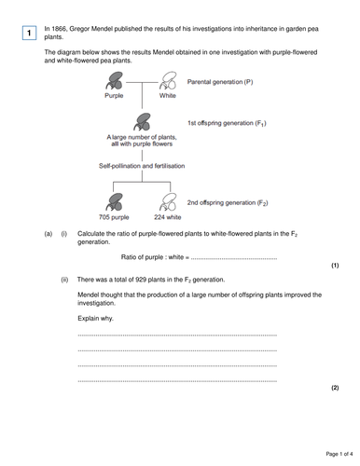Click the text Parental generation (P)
tap(226, 82)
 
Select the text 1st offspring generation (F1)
tap(234, 123)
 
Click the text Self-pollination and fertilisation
tap(142, 165)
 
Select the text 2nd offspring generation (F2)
tap(235, 202)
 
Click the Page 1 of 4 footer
tap(329, 454)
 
